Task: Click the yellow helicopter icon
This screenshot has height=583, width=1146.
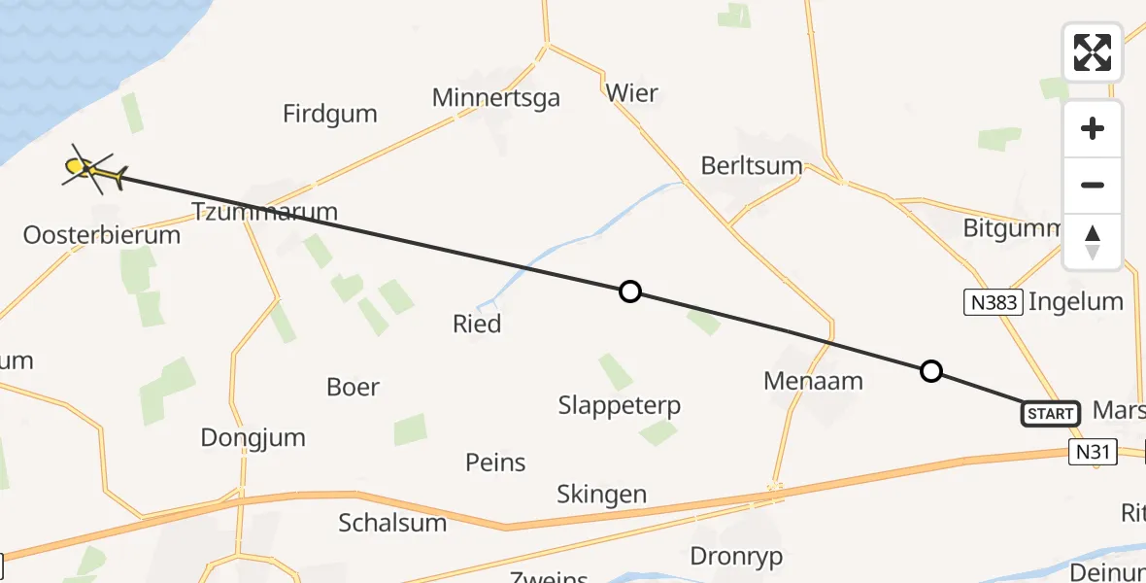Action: coord(93,171)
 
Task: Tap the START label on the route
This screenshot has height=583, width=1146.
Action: coord(1050,414)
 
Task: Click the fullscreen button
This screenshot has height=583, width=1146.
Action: coord(1093,52)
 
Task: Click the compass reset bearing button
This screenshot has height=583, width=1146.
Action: coord(1093,242)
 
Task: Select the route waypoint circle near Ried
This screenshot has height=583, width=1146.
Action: coord(630,291)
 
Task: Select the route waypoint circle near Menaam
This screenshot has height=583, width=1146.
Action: coord(930,370)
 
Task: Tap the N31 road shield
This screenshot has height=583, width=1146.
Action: coord(1092,452)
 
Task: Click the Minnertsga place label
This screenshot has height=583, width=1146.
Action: coord(496,97)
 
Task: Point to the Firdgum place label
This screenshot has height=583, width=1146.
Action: coord(330,114)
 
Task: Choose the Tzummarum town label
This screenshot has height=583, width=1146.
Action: coord(264,211)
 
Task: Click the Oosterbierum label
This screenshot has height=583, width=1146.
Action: coord(102,235)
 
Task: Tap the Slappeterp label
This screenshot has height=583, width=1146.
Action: coord(620,405)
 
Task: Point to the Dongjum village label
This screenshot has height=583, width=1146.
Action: coord(253,437)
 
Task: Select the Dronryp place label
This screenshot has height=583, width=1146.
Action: coord(736,557)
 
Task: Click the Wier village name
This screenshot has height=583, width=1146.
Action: coord(631,93)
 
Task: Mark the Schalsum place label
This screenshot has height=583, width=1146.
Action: coord(392,523)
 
